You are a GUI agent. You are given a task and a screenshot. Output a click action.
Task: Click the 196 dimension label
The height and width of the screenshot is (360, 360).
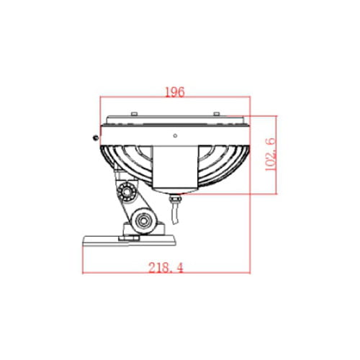click(175, 91)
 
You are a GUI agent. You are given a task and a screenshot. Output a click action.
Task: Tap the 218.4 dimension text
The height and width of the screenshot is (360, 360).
click(166, 268)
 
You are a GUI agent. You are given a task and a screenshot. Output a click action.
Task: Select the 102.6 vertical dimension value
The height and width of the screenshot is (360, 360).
click(270, 154)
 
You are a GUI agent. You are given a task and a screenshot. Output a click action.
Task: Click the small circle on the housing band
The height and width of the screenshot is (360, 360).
click(175, 136)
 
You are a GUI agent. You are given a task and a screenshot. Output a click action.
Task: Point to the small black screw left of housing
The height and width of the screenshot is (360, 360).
click(96, 138)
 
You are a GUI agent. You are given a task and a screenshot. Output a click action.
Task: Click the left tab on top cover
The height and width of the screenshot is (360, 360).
click(134, 114)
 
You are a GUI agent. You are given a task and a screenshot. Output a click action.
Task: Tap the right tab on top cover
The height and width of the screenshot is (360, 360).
click(217, 114)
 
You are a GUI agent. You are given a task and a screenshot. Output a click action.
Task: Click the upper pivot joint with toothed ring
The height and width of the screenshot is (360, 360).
click(127, 192)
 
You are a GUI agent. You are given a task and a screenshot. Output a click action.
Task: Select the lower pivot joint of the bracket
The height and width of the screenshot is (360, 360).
click(143, 221)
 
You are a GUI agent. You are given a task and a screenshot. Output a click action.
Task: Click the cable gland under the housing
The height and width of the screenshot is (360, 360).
click(175, 199)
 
